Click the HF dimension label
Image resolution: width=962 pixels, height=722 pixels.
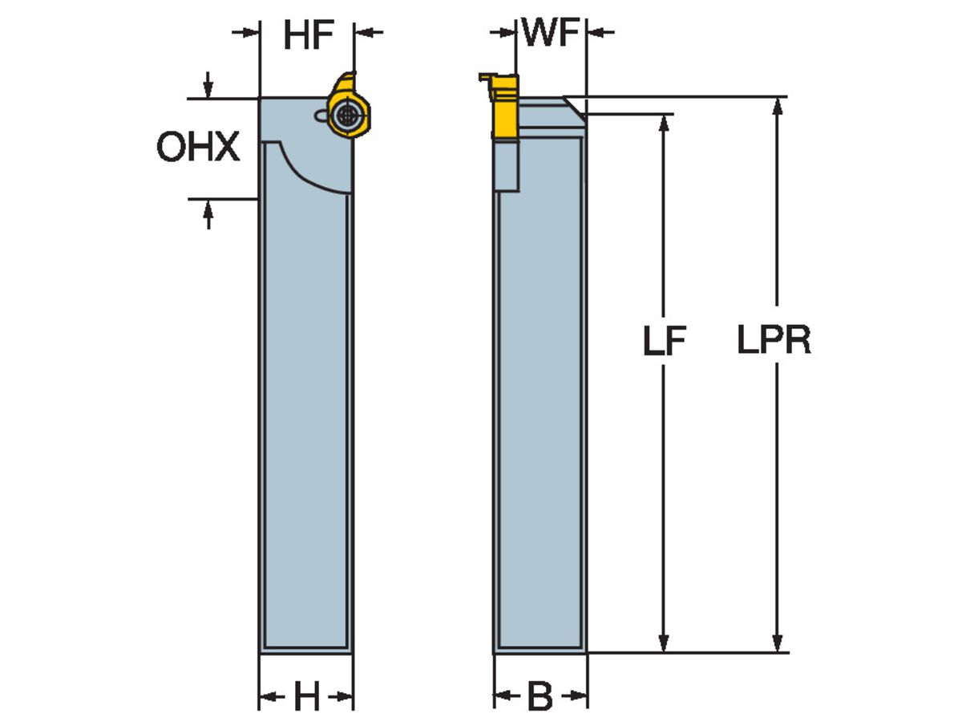tap(308, 36)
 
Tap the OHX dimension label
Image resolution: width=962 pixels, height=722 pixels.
tap(198, 148)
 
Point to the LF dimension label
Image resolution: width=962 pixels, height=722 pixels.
tap(665, 343)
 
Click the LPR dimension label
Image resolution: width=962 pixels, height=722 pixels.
tap(774, 343)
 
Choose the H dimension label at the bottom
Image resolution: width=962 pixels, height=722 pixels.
tap(305, 697)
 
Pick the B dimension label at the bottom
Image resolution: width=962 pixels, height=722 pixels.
tap(540, 697)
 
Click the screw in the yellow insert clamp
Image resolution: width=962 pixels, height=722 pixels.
tap(346, 116)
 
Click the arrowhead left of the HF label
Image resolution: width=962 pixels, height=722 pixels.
tap(251, 32)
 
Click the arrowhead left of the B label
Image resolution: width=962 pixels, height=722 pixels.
tap(503, 696)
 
